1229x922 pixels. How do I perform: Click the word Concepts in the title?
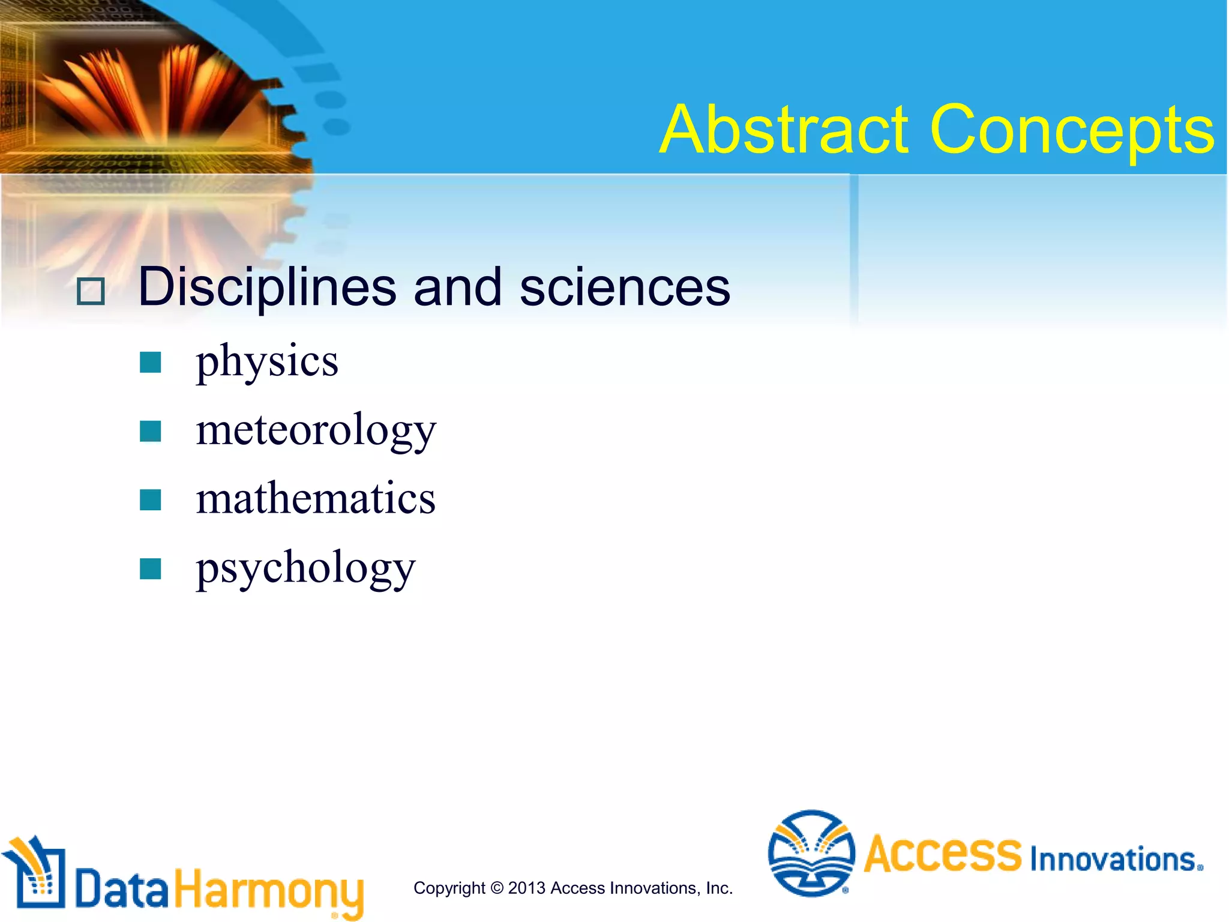pos(1072,131)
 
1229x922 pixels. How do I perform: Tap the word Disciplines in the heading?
pos(266,287)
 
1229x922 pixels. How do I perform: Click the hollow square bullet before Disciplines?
pos(91,292)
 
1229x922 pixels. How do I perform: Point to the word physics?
pos(267,362)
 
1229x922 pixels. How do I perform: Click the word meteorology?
pos(316,430)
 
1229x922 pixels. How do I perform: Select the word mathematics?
pos(316,499)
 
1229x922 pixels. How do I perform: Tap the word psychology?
pos(305,568)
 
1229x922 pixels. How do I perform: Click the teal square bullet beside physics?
pos(150,362)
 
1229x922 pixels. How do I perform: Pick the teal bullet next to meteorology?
pos(150,431)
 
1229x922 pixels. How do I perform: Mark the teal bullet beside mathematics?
pos(150,499)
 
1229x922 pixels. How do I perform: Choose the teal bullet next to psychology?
pos(150,568)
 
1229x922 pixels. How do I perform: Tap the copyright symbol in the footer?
pos(496,888)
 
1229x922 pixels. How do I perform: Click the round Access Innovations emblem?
pos(811,853)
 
